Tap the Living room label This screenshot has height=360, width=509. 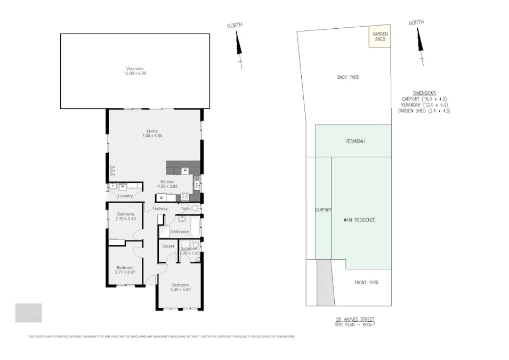click(x=152, y=134)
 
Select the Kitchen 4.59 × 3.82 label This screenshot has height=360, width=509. click(x=168, y=184)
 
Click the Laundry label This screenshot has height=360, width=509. click(x=125, y=196)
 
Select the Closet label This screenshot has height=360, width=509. click(x=168, y=246)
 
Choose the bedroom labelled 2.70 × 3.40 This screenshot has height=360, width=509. click(x=125, y=217)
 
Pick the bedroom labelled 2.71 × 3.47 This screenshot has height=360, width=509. click(x=125, y=270)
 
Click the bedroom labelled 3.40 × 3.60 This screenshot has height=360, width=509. click(x=180, y=287)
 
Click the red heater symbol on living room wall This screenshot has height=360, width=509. click(x=112, y=170)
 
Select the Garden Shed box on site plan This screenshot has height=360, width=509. click(x=379, y=36)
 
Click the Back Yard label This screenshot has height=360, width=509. click(x=348, y=77)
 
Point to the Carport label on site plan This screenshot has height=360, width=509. click(x=323, y=210)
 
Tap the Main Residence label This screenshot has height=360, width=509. click(x=359, y=220)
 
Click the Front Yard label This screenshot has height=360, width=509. click(x=366, y=282)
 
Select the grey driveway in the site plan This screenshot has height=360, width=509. click(x=324, y=283)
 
